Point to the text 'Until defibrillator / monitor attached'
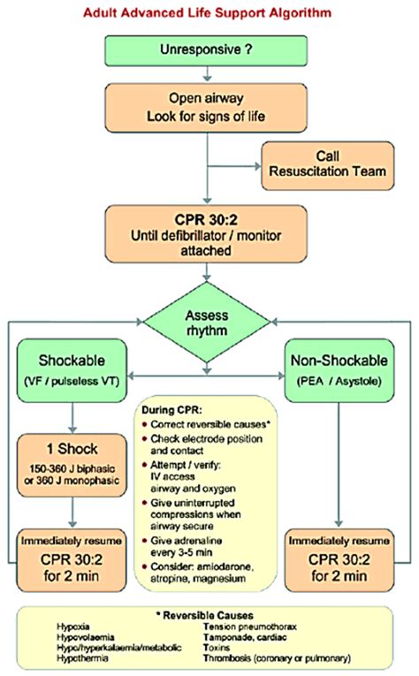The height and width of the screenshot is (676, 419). pos(209,241)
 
